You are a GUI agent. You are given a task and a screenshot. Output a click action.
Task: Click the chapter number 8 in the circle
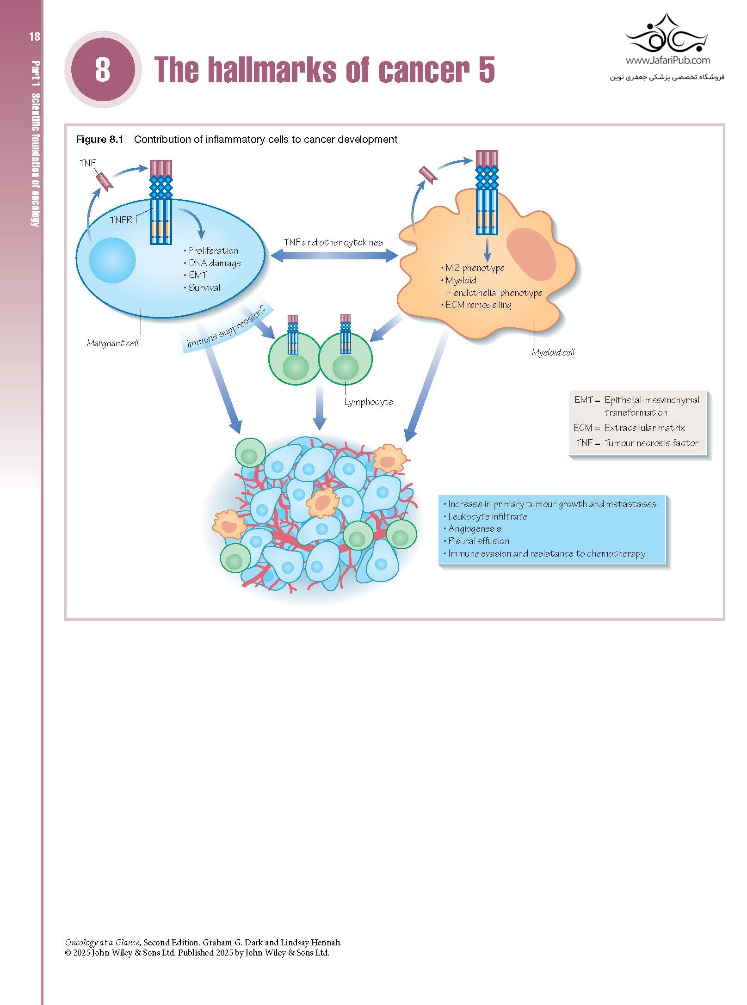click(103, 69)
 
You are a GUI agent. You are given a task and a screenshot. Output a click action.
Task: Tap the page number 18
click(34, 37)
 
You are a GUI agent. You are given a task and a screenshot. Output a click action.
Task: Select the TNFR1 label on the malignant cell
click(123, 220)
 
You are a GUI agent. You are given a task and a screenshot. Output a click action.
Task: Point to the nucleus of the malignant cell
click(112, 260)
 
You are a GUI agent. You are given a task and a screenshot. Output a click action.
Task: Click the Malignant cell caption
click(112, 343)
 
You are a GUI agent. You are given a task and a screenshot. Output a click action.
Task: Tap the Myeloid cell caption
click(553, 352)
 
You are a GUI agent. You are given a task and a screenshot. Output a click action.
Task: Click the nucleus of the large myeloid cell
click(531, 254)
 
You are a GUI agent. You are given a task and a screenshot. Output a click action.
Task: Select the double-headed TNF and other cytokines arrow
click(333, 255)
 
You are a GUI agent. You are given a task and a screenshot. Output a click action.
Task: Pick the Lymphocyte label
click(368, 402)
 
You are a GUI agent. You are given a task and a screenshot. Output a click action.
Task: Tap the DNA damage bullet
click(214, 263)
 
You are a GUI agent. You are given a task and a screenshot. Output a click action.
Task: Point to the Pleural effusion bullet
click(478, 541)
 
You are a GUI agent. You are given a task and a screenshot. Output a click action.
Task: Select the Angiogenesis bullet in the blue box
click(475, 528)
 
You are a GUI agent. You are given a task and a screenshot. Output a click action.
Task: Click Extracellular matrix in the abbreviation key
click(644, 428)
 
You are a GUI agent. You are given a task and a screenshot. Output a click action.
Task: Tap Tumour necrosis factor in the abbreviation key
click(651, 443)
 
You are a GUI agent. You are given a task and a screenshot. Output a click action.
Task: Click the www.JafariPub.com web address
click(667, 60)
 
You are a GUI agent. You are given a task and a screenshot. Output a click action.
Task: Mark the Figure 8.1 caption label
click(99, 140)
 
